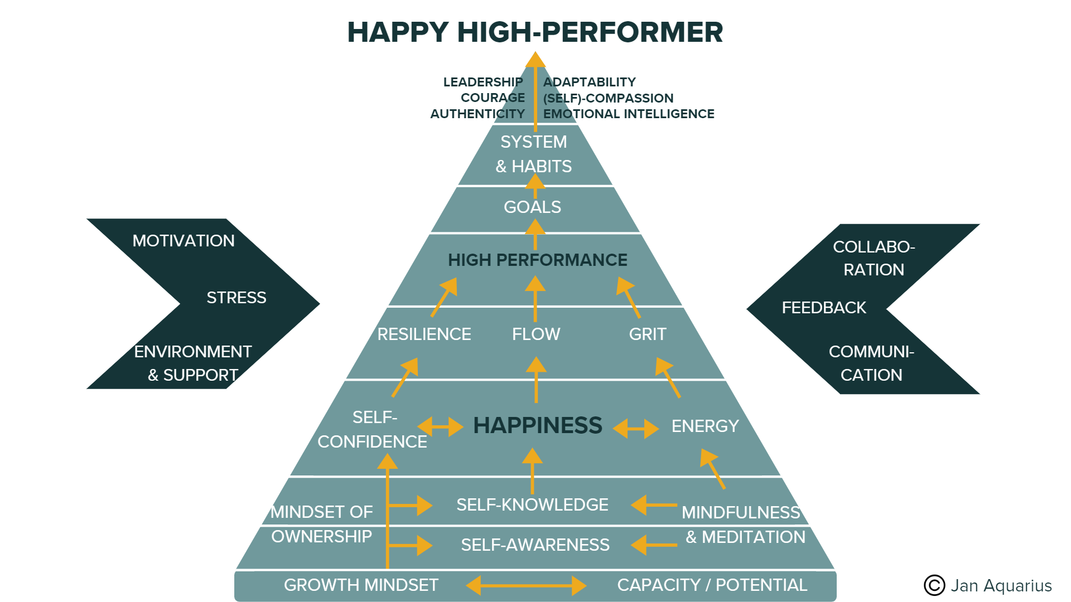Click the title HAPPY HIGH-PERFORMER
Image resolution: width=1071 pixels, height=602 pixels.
click(x=535, y=32)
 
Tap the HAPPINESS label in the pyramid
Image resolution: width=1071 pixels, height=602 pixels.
click(x=537, y=425)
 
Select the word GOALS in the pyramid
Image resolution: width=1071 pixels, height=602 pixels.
click(x=532, y=207)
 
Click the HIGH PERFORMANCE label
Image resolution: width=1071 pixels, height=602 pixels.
click(x=537, y=260)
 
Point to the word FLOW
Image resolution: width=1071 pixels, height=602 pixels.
click(x=536, y=334)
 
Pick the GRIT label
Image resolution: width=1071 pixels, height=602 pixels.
click(x=648, y=334)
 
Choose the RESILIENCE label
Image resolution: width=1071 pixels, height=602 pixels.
click(x=424, y=334)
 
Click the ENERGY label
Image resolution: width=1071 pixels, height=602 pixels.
click(x=705, y=426)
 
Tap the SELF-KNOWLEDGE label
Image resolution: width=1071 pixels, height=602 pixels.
click(x=532, y=505)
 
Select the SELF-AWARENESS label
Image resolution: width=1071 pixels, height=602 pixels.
click(x=535, y=545)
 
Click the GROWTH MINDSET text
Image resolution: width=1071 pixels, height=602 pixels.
click(x=361, y=585)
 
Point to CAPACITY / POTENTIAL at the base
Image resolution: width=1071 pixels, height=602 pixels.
click(x=712, y=585)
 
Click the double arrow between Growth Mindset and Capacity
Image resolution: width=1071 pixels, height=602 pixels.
click(x=526, y=585)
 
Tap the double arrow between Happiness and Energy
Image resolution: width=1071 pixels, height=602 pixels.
click(x=636, y=429)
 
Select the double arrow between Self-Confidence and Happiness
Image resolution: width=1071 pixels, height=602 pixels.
click(x=440, y=427)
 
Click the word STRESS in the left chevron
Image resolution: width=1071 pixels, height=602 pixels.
click(x=237, y=298)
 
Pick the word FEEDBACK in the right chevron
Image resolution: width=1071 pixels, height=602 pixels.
click(x=824, y=308)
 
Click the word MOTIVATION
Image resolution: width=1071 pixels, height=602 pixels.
click(x=184, y=241)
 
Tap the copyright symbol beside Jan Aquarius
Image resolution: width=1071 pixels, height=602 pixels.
click(x=934, y=585)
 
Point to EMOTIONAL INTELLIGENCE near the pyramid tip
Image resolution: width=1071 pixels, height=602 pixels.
click(x=629, y=114)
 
